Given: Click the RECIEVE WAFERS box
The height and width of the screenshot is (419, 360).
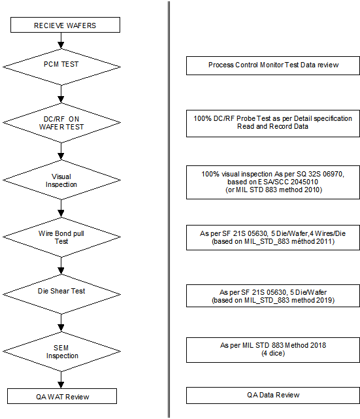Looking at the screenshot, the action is pos(65,25).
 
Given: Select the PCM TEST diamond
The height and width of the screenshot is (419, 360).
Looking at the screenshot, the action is pos(61,67).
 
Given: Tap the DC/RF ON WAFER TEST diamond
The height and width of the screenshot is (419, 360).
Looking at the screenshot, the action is pos(61,123).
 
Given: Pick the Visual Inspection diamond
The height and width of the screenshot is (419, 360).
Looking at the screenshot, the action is pos(61,180).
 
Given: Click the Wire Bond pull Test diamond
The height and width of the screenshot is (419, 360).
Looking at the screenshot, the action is pos(61,237).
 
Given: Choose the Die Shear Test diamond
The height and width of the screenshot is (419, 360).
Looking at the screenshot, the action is pos(61,294).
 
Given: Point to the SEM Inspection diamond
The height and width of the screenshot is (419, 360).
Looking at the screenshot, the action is pos(61,352).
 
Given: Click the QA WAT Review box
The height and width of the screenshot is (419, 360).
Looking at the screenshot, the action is pos(62,396).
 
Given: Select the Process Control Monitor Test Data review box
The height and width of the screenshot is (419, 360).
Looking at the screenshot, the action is pos(273,65).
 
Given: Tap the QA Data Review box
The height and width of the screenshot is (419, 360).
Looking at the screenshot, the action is pos(273,395).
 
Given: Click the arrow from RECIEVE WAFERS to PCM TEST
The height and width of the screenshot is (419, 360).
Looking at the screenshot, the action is pos(61,41).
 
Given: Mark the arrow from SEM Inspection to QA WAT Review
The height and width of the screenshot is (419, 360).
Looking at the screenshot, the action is pos(61,380).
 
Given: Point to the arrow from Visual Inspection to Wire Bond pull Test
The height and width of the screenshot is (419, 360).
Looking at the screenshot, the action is pos(61,209).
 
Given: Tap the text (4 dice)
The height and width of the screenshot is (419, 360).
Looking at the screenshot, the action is pos(273,353).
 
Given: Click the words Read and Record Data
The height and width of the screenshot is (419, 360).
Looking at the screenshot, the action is pos(272,126).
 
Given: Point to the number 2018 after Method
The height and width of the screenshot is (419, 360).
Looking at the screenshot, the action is pos(318,346).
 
